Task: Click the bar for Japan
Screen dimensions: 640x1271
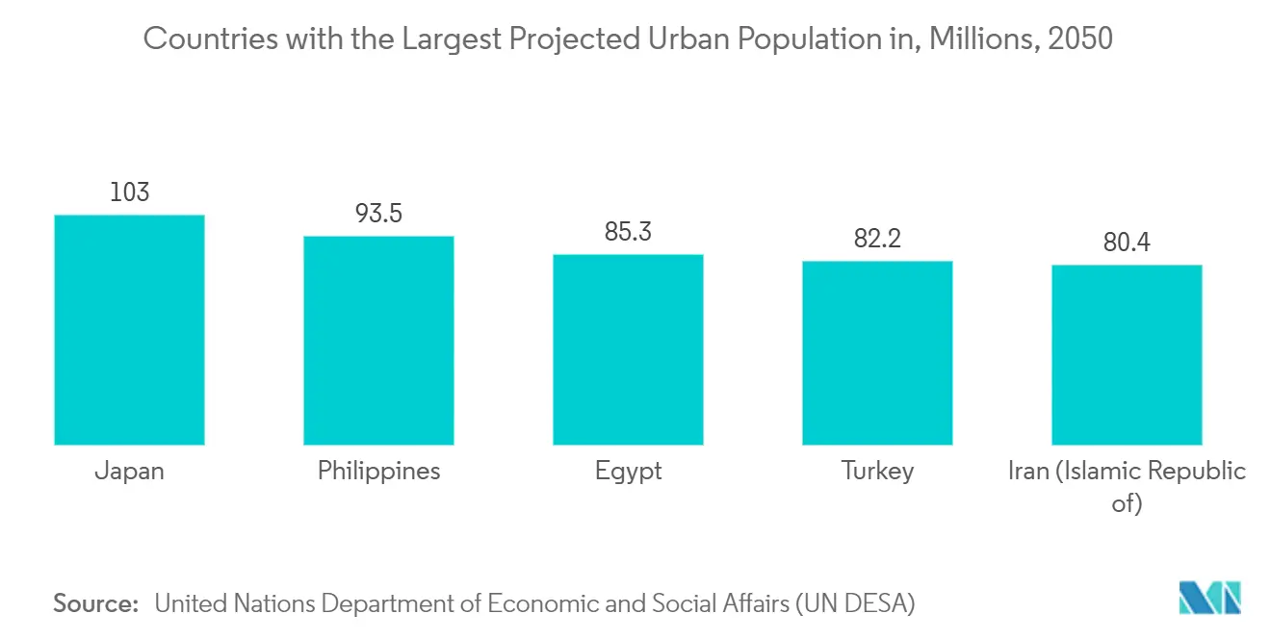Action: [x=129, y=329]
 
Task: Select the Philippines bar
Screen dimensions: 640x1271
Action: [x=378, y=340]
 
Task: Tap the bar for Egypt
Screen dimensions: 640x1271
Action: [x=628, y=349]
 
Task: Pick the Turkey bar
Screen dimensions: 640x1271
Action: [x=877, y=352]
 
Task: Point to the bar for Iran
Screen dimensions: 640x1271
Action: [x=1127, y=354]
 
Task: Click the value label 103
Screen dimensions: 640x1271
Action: [x=129, y=192]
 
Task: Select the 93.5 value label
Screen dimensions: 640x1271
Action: [x=378, y=214]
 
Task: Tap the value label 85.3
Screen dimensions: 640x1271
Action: [x=628, y=232]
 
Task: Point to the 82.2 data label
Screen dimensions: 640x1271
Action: [x=877, y=239]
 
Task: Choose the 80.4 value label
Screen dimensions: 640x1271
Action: [x=1127, y=243]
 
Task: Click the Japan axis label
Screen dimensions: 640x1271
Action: [x=129, y=472]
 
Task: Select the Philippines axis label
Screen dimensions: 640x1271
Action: [x=378, y=472]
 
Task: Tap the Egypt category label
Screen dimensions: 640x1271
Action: [x=628, y=472]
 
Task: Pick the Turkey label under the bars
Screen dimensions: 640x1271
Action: [x=877, y=472]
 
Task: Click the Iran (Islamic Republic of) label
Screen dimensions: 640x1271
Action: [x=1127, y=486]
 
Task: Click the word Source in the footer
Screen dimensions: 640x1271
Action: [x=95, y=603]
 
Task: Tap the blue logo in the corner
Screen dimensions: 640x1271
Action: [x=1210, y=598]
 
